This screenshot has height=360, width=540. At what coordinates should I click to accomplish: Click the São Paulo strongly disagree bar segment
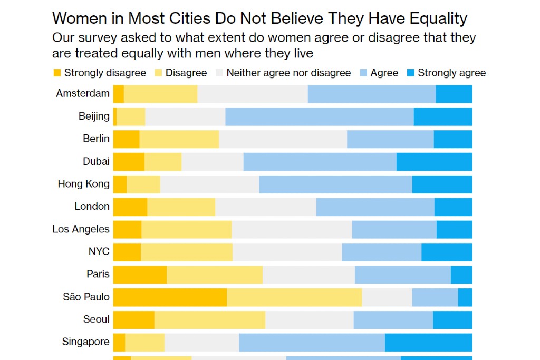click(x=170, y=297)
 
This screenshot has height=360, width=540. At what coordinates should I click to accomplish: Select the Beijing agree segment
click(x=319, y=116)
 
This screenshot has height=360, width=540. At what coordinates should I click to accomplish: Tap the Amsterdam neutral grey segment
click(x=252, y=94)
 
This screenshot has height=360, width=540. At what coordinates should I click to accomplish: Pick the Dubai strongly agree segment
click(x=434, y=162)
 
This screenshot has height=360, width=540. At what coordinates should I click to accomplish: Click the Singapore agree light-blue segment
click(x=312, y=342)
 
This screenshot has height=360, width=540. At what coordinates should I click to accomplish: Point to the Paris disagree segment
click(x=214, y=275)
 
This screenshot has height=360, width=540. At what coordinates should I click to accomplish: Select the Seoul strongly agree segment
click(x=452, y=320)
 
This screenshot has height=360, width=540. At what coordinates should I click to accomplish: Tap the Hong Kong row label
click(x=84, y=184)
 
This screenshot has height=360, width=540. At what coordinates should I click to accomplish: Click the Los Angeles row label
click(x=81, y=229)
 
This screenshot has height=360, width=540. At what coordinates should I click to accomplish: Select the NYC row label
click(x=99, y=251)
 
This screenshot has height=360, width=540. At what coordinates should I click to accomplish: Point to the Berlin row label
click(x=96, y=139)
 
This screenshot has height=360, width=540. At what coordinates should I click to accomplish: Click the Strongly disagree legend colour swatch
click(x=56, y=73)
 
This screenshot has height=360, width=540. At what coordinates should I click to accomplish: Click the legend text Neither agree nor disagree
click(x=288, y=73)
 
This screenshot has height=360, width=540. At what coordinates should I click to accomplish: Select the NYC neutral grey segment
click(x=287, y=252)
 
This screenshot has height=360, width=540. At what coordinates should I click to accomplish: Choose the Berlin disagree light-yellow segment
click(x=179, y=139)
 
